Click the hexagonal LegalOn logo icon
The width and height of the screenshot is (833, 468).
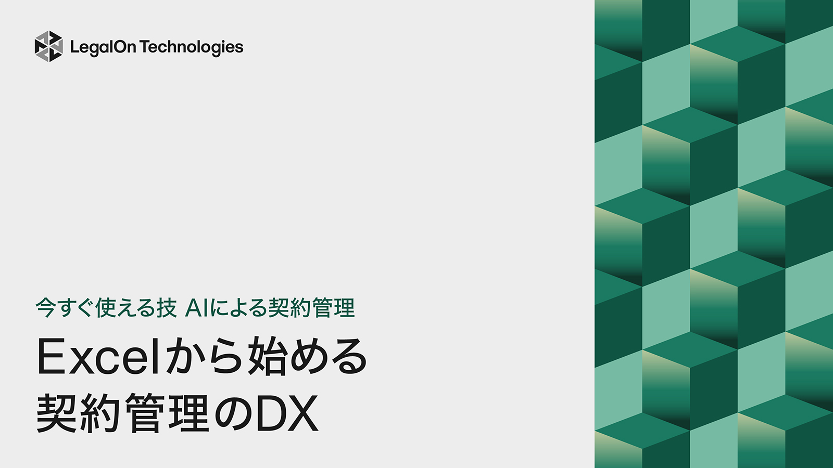tap(48, 46)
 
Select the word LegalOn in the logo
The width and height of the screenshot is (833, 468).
tap(103, 47)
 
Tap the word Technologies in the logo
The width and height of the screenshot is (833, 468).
tap(192, 47)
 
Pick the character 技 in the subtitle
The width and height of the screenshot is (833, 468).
tap(167, 308)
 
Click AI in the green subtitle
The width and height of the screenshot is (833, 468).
tap(197, 308)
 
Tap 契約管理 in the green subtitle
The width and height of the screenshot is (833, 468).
tap(311, 308)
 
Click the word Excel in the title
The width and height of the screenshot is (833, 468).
tap(97, 357)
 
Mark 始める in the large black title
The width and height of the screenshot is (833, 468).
tap(307, 357)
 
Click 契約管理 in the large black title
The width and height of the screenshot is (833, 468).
tap(122, 413)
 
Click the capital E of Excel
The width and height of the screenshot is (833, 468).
tap(50, 357)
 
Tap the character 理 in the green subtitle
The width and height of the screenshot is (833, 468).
tap(344, 308)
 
